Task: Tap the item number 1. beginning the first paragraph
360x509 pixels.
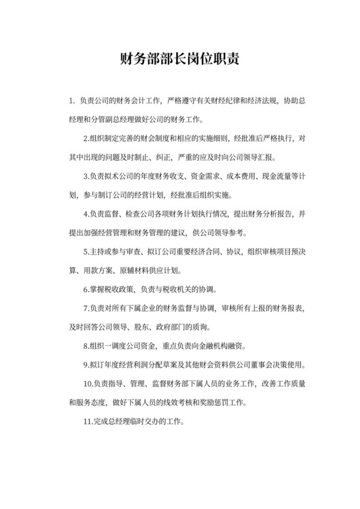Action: tap(73, 101)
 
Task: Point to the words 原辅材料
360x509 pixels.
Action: tap(147, 270)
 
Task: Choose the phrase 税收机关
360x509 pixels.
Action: tap(174, 289)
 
